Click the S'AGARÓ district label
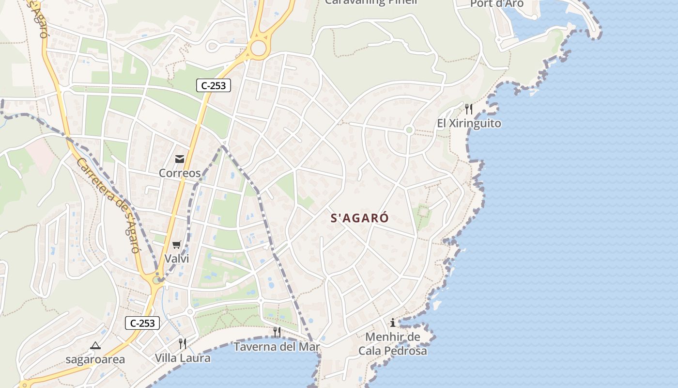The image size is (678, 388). click(359, 218)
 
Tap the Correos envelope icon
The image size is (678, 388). click(180, 159)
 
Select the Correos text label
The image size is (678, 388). click(180, 173)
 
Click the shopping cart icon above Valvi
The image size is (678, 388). click(177, 245)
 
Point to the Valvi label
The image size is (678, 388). click(177, 259)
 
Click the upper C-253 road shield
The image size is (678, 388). click(214, 86)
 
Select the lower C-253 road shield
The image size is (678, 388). click(142, 323)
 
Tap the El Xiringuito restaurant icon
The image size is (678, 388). click(468, 109)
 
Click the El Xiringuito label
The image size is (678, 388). click(469, 123)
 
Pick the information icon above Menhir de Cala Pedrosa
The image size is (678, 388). click(393, 323)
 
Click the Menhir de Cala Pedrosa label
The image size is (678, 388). click(393, 344)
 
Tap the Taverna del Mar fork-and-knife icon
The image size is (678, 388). click(277, 332)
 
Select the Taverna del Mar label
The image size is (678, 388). click(277, 347)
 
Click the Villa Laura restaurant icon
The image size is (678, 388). click(183, 344)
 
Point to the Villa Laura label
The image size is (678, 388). click(183, 358)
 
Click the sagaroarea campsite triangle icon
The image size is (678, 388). click(95, 346)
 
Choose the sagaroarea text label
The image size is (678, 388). click(95, 360)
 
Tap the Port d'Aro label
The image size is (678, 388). click(497, 4)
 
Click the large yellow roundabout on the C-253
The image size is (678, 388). click(259, 48)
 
